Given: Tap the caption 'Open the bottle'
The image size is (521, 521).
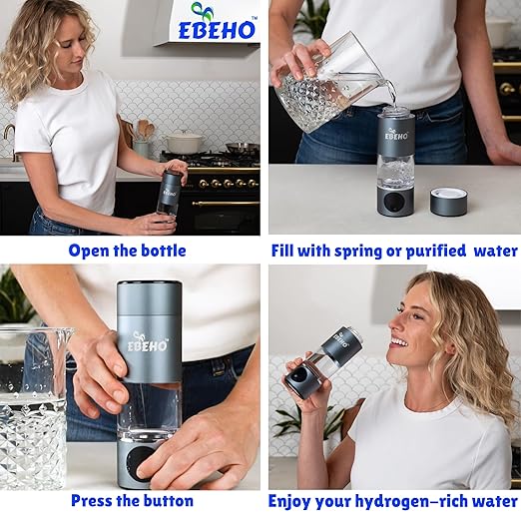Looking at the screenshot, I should point(127,251).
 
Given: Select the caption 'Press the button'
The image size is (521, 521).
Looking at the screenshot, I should point(132,501).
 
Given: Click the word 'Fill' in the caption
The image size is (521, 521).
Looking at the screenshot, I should point(288,251).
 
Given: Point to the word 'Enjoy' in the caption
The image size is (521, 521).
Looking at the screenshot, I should point(296,501).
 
